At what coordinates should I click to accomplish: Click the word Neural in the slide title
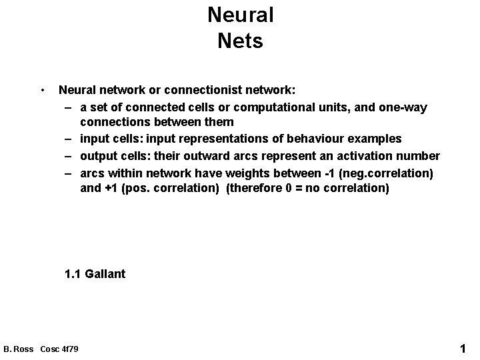[240, 15]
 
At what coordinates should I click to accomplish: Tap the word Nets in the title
[240, 41]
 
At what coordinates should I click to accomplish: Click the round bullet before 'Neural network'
[42, 89]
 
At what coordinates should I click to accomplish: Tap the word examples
[377, 139]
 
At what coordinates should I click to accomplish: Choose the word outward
[217, 156]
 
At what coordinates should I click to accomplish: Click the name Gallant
[105, 274]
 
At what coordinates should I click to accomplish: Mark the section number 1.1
[72, 274]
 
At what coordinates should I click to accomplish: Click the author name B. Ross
[19, 349]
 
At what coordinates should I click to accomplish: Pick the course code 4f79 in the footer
[69, 349]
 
